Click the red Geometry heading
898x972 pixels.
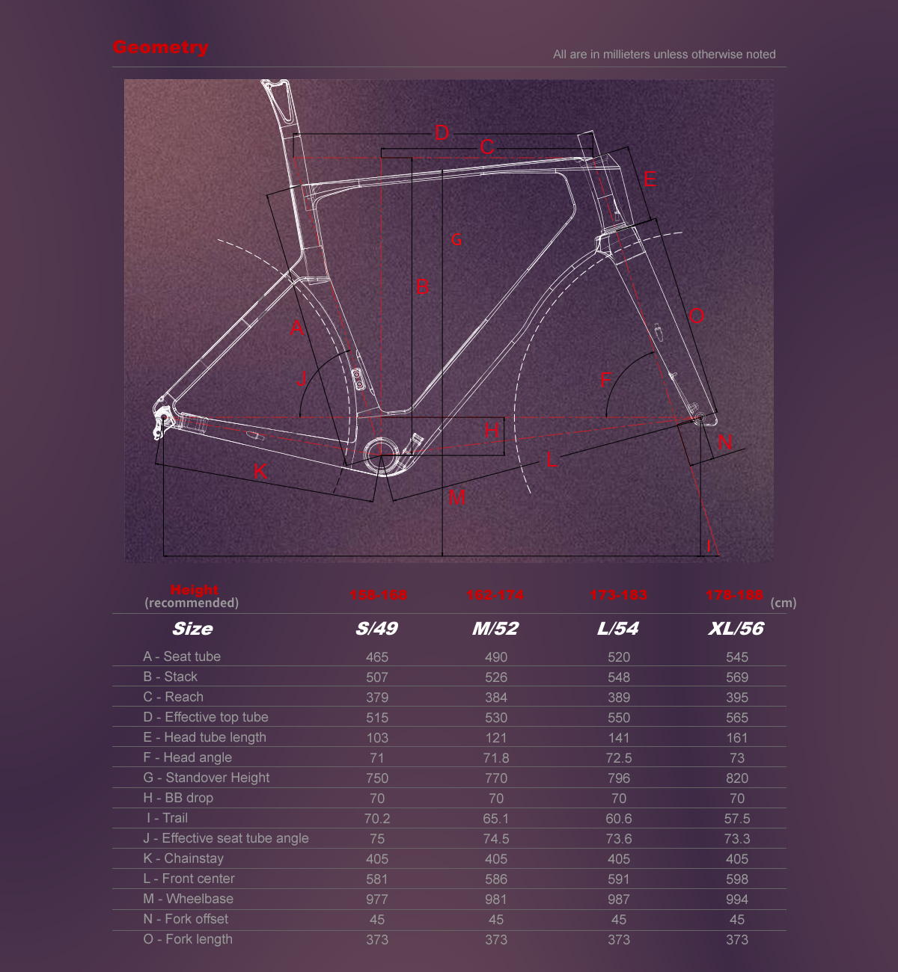[160, 47]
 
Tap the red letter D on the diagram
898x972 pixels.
[442, 133]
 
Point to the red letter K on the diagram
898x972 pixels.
[260, 471]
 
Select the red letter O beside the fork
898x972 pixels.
[697, 316]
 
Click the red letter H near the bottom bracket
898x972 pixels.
[492, 431]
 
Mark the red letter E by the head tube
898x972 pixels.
[650, 179]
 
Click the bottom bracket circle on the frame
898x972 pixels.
[379, 451]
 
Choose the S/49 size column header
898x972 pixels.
[376, 629]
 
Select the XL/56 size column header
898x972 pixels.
[736, 629]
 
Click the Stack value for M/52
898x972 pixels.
[495, 677]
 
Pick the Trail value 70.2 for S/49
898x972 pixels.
[377, 819]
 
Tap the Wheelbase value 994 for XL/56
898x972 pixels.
[737, 899]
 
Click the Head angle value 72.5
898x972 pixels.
[619, 758]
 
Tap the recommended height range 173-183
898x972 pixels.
[618, 595]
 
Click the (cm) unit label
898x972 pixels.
[784, 603]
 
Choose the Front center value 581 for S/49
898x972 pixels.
[377, 879]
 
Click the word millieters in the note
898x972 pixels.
[620, 55]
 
